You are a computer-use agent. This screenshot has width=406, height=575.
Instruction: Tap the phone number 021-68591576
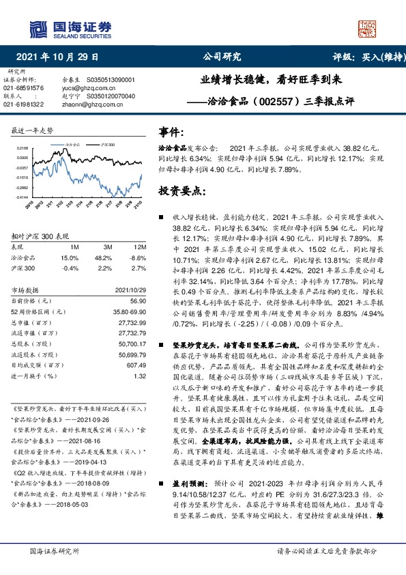coord(23,88)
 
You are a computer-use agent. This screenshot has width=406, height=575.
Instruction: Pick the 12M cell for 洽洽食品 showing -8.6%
coord(139,258)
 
